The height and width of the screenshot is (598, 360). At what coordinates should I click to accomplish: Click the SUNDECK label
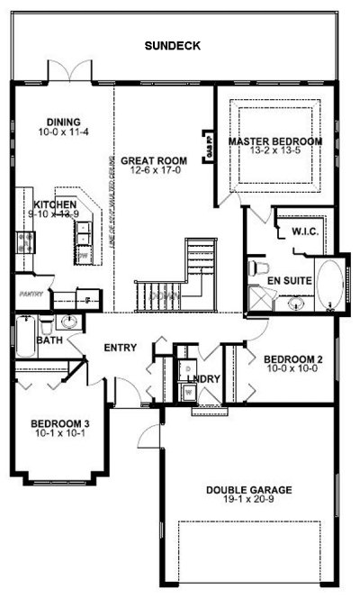pyautogui.click(x=171, y=44)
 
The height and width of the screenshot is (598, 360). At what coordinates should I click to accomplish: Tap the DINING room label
pyautogui.click(x=66, y=122)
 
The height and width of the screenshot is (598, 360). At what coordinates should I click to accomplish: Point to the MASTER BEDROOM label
pyautogui.click(x=274, y=141)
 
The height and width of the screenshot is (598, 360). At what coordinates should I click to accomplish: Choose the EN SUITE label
pyautogui.click(x=294, y=281)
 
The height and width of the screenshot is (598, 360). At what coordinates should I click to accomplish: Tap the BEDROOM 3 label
pyautogui.click(x=59, y=423)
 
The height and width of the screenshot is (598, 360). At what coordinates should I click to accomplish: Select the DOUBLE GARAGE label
pyautogui.click(x=248, y=491)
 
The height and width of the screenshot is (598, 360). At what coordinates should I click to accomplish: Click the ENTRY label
pyautogui.click(x=120, y=349)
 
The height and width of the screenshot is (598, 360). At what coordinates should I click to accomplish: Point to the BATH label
pyautogui.click(x=49, y=340)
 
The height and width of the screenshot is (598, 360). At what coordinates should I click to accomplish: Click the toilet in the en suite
pyautogui.click(x=259, y=268)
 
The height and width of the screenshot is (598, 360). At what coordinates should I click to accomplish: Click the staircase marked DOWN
pyautogui.click(x=180, y=279)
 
